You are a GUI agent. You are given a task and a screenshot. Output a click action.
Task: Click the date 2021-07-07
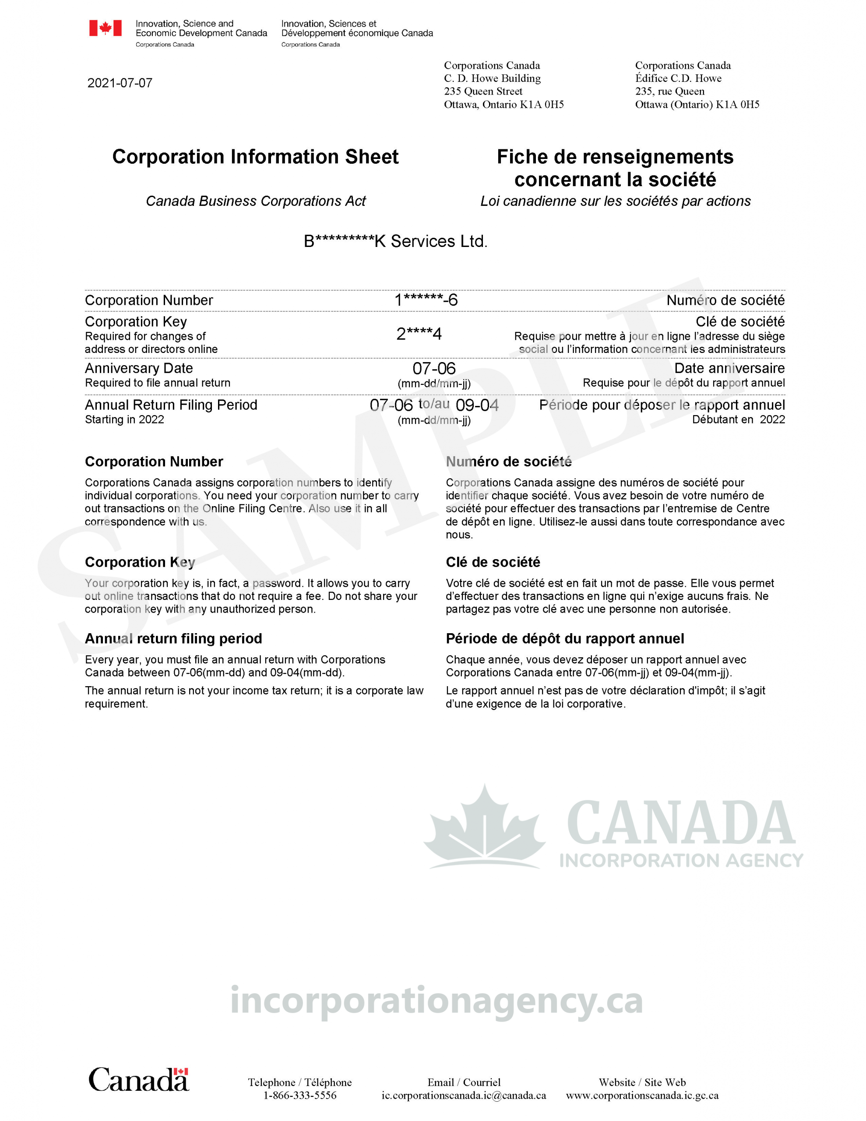click(120, 83)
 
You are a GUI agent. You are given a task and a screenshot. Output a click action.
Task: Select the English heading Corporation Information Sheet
click(255, 157)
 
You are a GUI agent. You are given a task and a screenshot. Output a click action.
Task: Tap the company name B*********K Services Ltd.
click(395, 241)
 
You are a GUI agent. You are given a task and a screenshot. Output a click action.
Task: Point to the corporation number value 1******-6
click(426, 300)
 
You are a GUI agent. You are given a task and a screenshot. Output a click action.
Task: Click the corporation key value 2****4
click(419, 334)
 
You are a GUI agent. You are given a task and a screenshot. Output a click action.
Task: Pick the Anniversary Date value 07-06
click(434, 369)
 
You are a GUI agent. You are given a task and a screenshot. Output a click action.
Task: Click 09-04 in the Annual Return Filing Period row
click(477, 405)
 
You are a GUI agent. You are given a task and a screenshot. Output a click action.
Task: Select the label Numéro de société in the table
click(725, 300)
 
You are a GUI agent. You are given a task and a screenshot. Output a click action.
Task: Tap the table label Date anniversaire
click(729, 369)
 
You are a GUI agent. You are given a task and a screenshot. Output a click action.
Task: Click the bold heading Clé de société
click(493, 562)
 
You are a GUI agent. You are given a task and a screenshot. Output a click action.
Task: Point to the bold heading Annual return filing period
click(173, 638)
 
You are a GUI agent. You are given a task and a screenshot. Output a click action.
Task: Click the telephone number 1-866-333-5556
click(300, 1095)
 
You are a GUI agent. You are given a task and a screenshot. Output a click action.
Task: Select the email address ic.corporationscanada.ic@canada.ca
click(464, 1095)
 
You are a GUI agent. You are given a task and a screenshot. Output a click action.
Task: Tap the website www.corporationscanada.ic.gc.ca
click(642, 1095)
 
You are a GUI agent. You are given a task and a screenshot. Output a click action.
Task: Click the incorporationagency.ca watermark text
click(437, 1001)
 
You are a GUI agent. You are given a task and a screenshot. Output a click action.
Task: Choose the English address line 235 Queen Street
click(483, 92)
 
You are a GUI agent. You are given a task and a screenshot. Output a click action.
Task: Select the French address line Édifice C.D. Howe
click(678, 78)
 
